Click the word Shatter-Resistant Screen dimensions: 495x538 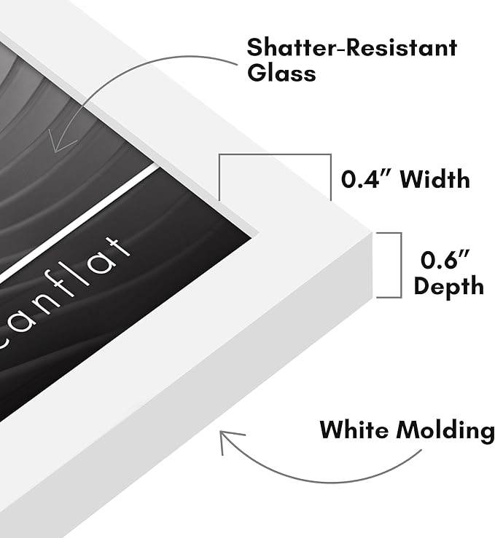click(352, 47)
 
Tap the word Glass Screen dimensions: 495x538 click(281, 72)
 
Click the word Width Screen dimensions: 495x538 click(435, 178)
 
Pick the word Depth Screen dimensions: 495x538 click(448, 285)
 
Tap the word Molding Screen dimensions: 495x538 click(445, 430)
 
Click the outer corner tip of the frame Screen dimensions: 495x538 click(373, 233)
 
